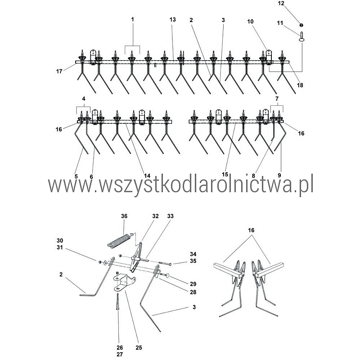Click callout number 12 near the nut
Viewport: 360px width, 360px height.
[x=281, y=4]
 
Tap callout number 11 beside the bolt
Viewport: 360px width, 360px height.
[x=280, y=23]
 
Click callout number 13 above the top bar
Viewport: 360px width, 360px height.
[x=173, y=20]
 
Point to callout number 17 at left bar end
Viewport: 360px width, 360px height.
[x=59, y=72]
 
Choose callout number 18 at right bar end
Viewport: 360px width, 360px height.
[x=300, y=85]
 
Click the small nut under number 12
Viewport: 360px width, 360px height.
[x=301, y=25]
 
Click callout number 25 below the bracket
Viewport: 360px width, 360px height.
[x=139, y=347]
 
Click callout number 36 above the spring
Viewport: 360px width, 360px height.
[x=124, y=216]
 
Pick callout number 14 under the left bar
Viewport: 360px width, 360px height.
[x=147, y=175]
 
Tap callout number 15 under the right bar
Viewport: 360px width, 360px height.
[x=225, y=175]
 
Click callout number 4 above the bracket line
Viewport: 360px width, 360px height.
[x=84, y=99]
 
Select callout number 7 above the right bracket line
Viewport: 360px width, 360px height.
[x=277, y=99]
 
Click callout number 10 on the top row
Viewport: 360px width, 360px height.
[x=250, y=22]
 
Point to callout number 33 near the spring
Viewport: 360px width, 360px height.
[x=171, y=216]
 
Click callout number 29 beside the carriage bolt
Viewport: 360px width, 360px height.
[x=193, y=284]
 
